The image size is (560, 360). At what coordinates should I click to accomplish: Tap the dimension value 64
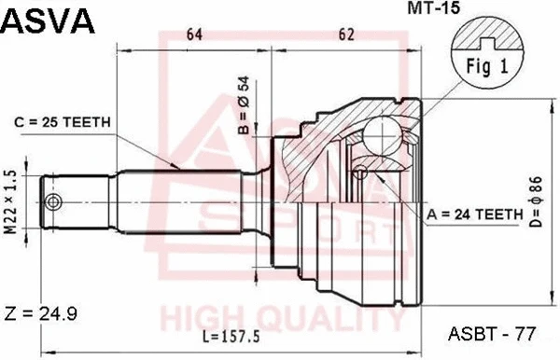click(194, 36)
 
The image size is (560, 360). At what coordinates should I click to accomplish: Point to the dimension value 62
click(347, 36)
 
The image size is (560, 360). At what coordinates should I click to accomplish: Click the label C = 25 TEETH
click(63, 121)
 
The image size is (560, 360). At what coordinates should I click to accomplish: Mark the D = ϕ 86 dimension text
click(535, 201)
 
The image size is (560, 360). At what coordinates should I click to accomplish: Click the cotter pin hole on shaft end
click(54, 202)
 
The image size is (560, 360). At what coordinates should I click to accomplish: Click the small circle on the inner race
click(359, 171)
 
